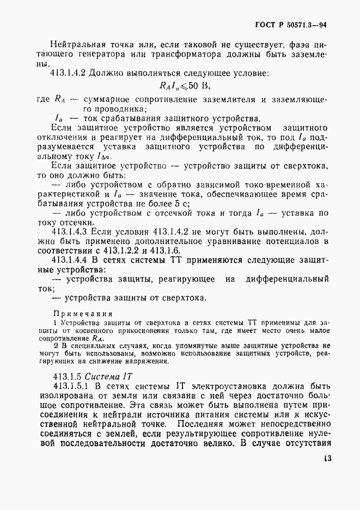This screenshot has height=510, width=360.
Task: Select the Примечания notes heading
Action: click(x=82, y=313)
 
